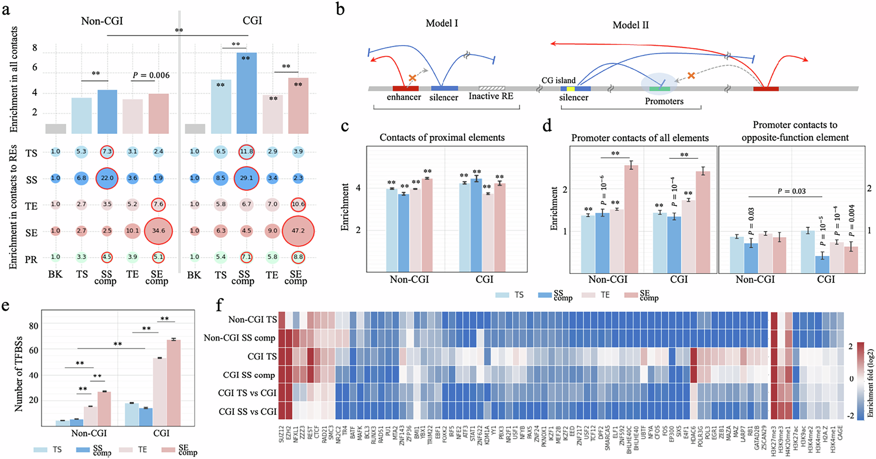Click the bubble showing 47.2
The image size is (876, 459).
pyautogui.click(x=298, y=231)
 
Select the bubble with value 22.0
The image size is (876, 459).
pyautogui.click(x=107, y=178)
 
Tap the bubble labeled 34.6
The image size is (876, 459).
pyautogui.click(x=158, y=231)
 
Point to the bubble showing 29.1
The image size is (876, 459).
pyautogui.click(x=246, y=178)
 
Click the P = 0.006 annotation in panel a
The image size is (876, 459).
pyautogui.click(x=151, y=75)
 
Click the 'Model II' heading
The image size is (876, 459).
pyautogui.click(x=630, y=25)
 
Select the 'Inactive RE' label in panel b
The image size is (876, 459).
pyautogui.click(x=491, y=96)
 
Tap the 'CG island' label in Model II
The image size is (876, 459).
pyautogui.click(x=558, y=81)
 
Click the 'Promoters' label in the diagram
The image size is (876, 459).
pyautogui.click(x=664, y=102)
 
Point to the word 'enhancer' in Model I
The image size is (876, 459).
pyautogui.click(x=403, y=97)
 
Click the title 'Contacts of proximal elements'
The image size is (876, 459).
pyautogui.click(x=442, y=137)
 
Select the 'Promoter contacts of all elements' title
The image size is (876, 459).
pyautogui.click(x=640, y=138)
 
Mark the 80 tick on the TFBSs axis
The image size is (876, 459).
pyautogui.click(x=33, y=326)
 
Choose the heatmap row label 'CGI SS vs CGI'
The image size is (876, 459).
pyautogui.click(x=247, y=412)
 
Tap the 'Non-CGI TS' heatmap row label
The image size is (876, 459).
pyautogui.click(x=252, y=320)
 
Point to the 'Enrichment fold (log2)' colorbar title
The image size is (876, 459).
pyautogui.click(x=869, y=382)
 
